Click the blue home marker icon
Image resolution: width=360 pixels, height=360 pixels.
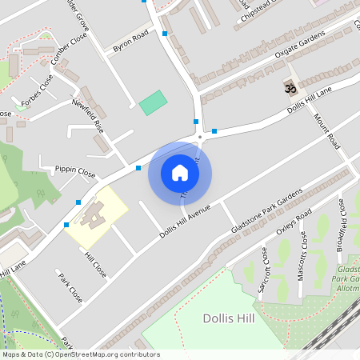coord(180,173)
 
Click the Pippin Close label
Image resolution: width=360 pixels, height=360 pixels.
coord(75,171)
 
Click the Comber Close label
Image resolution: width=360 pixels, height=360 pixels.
coord(68,50)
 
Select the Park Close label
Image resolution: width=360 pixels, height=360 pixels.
coord(70,287)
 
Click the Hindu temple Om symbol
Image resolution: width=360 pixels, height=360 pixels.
coord(290,86)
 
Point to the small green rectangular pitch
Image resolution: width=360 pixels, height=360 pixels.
coord(153,102)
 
